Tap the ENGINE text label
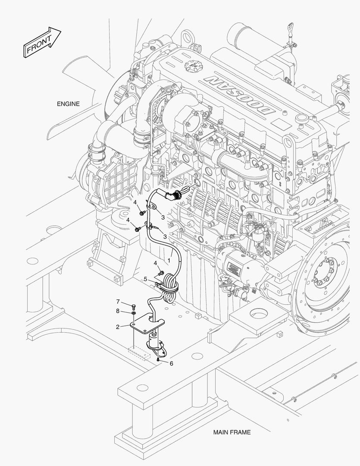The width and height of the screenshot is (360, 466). coord(68,104)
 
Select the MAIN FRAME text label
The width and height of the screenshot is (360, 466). coord(232,432)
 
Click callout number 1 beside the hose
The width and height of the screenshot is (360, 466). coord(169,261)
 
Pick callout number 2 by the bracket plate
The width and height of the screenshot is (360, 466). coord(117,327)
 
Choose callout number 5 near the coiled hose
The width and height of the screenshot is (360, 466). coord(146,279)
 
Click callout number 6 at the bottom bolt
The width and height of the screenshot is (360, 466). coord(171,364)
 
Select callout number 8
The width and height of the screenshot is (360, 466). coord(117,311)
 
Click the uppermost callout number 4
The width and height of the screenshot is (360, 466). coord(135,202)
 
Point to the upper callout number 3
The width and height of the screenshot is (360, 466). coord(163,217)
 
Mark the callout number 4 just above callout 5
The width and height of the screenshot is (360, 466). coord(155,263)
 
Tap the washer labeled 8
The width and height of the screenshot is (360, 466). coord(134,313)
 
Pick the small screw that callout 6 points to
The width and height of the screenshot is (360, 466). coord(159,359)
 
